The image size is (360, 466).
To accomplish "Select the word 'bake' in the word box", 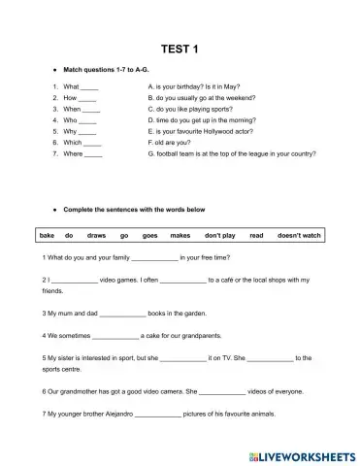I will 47,236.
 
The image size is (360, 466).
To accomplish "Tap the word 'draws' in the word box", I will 96,236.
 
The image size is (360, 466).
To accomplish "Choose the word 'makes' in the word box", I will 180,236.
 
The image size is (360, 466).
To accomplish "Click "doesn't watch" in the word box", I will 299,236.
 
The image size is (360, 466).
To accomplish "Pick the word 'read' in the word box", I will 256,236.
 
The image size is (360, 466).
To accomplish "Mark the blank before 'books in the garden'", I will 122,315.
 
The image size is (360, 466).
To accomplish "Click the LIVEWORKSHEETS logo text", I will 303,453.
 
